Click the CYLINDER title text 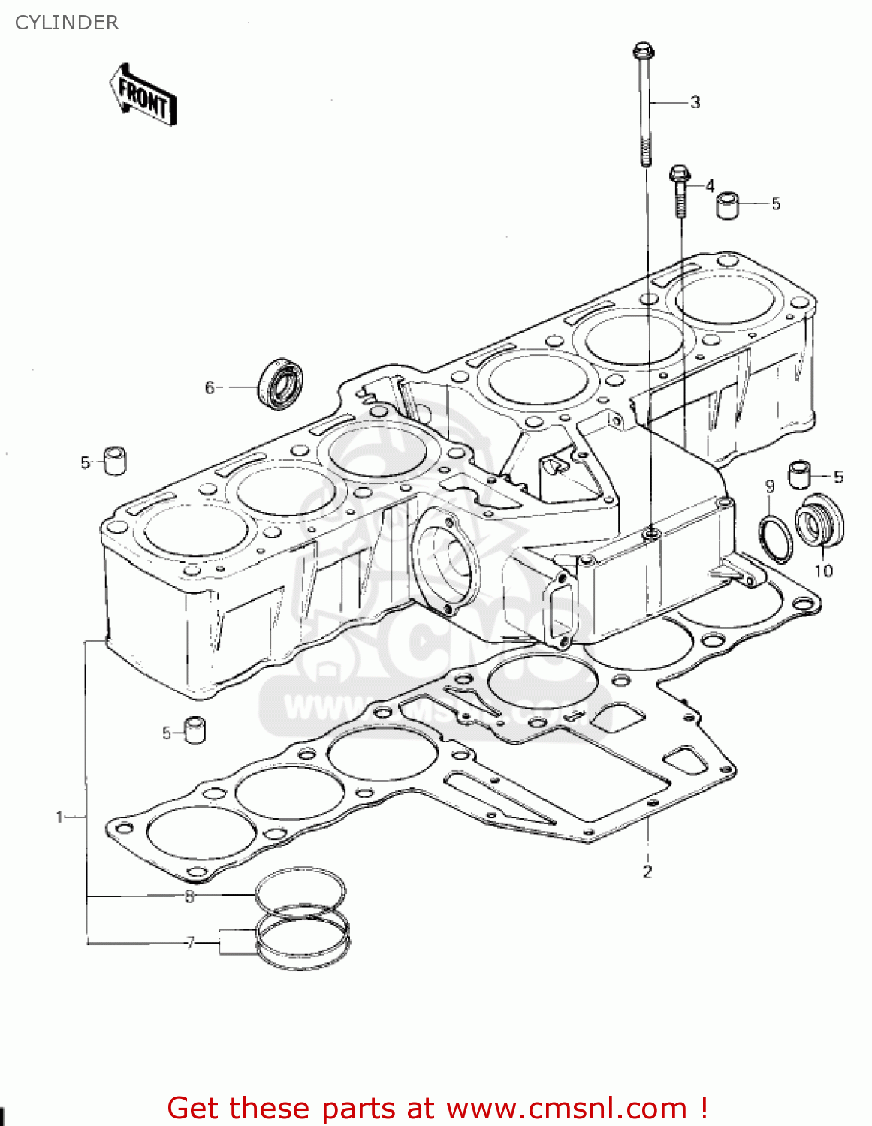67,23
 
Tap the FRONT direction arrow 143,95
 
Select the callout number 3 695,102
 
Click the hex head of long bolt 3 644,52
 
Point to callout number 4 710,185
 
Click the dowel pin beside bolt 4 727,205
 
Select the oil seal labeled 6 282,384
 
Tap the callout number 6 210,387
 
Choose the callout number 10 824,571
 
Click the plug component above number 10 819,522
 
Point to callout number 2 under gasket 647,872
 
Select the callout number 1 59,817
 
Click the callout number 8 189,896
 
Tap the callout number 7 190,942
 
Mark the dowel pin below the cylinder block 195,730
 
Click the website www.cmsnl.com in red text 566,1109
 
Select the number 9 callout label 770,486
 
